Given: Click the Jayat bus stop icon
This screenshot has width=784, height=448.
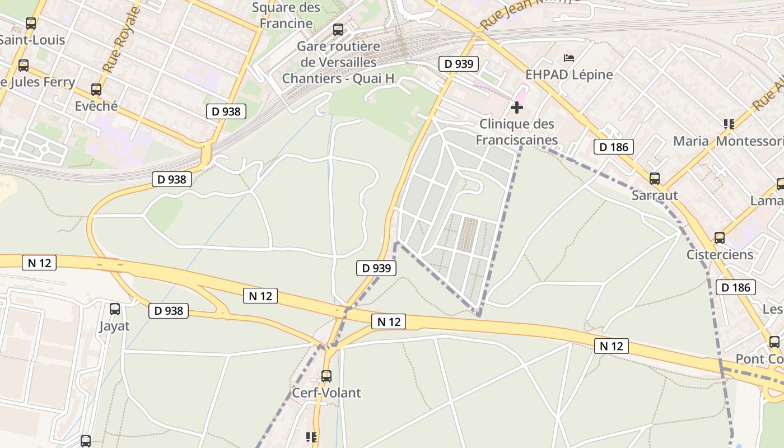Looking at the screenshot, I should tap(115, 309).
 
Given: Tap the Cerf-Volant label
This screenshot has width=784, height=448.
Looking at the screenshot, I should tap(326, 393).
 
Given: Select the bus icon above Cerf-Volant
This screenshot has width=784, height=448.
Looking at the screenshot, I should tap(326, 376).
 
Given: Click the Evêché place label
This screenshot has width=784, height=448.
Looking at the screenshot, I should tap(96, 106).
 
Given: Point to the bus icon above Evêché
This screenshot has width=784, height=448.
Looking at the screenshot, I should tap(96, 90).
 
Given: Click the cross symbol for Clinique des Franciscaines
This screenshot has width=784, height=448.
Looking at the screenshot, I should tap(517, 107).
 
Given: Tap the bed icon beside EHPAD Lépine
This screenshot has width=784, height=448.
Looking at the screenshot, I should tap(569, 58).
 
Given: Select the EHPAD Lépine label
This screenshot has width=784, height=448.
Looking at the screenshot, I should tap(569, 74).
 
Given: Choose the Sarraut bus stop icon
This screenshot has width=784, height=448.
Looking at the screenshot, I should tap(654, 179).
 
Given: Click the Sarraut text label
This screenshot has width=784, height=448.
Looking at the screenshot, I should tap(654, 195).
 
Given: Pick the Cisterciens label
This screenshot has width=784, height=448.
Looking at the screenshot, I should tap(720, 254).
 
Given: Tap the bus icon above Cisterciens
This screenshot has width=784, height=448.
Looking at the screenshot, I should tap(720, 237).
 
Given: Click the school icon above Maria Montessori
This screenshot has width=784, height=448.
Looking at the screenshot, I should tap(729, 124).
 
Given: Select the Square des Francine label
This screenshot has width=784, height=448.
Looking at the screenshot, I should tap(286, 15).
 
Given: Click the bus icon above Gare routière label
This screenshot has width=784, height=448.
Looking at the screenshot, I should tap(338, 30).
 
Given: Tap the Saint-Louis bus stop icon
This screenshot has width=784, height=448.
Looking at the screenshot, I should tap(31, 24).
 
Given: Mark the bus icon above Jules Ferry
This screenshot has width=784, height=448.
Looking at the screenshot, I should tap(24, 65).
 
